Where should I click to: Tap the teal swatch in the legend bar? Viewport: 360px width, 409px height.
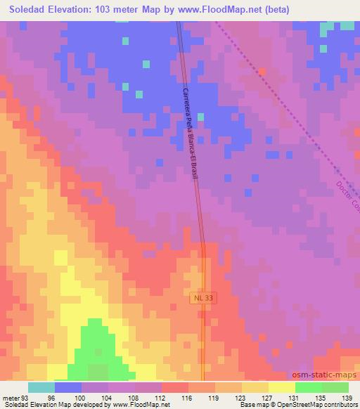41,387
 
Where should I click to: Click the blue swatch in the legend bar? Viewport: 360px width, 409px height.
67,387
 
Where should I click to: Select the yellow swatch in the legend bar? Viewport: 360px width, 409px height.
281,387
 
